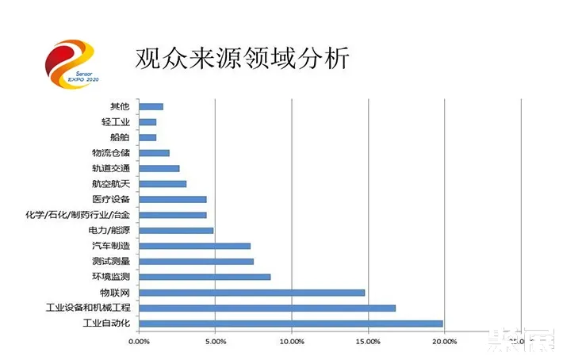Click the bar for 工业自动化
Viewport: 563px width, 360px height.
point(290,323)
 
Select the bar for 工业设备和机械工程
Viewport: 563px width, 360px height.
point(266,308)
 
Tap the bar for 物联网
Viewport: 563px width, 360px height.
point(251,292)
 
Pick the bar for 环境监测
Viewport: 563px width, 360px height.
point(205,277)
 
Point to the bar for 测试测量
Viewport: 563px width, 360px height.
point(196,261)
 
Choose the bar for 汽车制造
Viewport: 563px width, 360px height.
point(194,246)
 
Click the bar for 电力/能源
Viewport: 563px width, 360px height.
point(176,230)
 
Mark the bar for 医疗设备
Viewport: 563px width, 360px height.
point(172,199)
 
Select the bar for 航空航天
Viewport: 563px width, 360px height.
point(163,184)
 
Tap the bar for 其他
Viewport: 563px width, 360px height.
point(151,106)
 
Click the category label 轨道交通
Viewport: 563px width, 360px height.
point(110,168)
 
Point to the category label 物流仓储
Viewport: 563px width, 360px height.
point(110,153)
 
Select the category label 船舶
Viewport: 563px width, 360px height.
point(120,137)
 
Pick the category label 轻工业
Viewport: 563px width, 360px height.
point(116,122)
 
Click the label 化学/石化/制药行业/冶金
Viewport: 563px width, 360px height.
point(78,215)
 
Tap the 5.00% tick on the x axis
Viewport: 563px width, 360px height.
point(215,342)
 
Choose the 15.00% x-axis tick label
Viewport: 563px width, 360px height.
point(368,342)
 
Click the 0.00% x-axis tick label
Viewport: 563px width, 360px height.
point(139,342)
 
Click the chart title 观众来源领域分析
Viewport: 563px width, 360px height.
point(242,58)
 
